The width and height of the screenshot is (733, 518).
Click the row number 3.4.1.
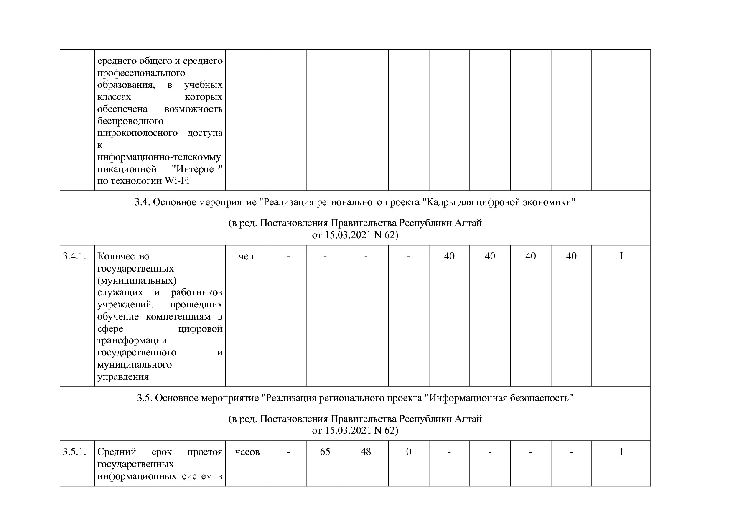(x=74, y=256)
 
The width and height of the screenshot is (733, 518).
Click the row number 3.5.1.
(x=74, y=452)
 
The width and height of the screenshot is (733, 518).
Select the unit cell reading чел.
(x=247, y=256)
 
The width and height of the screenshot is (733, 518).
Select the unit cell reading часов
(x=247, y=452)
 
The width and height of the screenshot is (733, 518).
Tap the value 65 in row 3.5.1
(x=325, y=452)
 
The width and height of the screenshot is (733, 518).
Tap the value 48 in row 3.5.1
(x=366, y=452)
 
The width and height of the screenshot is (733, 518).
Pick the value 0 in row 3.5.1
(x=409, y=452)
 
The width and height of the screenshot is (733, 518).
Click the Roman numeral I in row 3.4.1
(x=621, y=256)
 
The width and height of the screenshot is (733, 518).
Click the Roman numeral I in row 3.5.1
(x=621, y=452)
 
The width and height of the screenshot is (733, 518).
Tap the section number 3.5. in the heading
(x=145, y=398)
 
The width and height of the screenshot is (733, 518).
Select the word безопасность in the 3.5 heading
(x=541, y=398)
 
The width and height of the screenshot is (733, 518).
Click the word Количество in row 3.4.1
(x=123, y=256)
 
